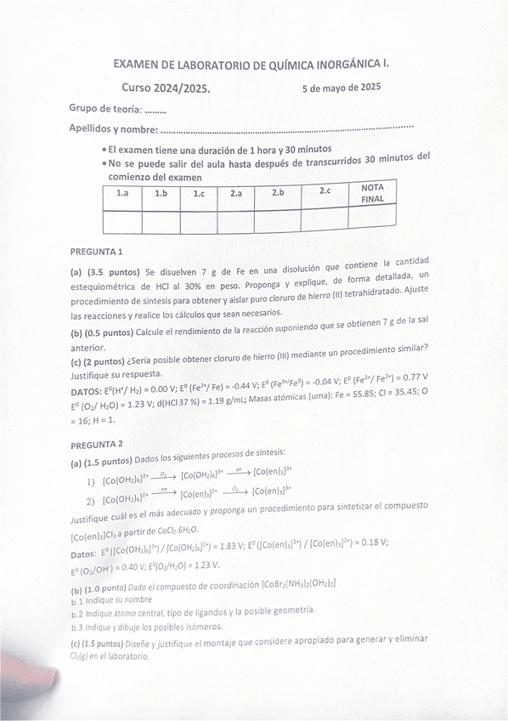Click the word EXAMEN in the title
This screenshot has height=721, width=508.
(137, 64)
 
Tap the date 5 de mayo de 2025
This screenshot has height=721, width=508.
(341, 87)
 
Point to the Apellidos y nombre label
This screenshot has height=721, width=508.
(113, 129)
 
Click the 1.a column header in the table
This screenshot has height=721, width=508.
(122, 195)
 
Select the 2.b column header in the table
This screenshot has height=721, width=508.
(278, 193)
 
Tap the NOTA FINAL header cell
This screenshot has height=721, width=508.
(372, 192)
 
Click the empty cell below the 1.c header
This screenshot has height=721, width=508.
(198, 222)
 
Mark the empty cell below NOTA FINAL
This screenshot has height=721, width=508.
(372, 218)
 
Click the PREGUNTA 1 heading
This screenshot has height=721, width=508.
(97, 252)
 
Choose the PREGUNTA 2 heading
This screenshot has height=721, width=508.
(97, 444)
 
